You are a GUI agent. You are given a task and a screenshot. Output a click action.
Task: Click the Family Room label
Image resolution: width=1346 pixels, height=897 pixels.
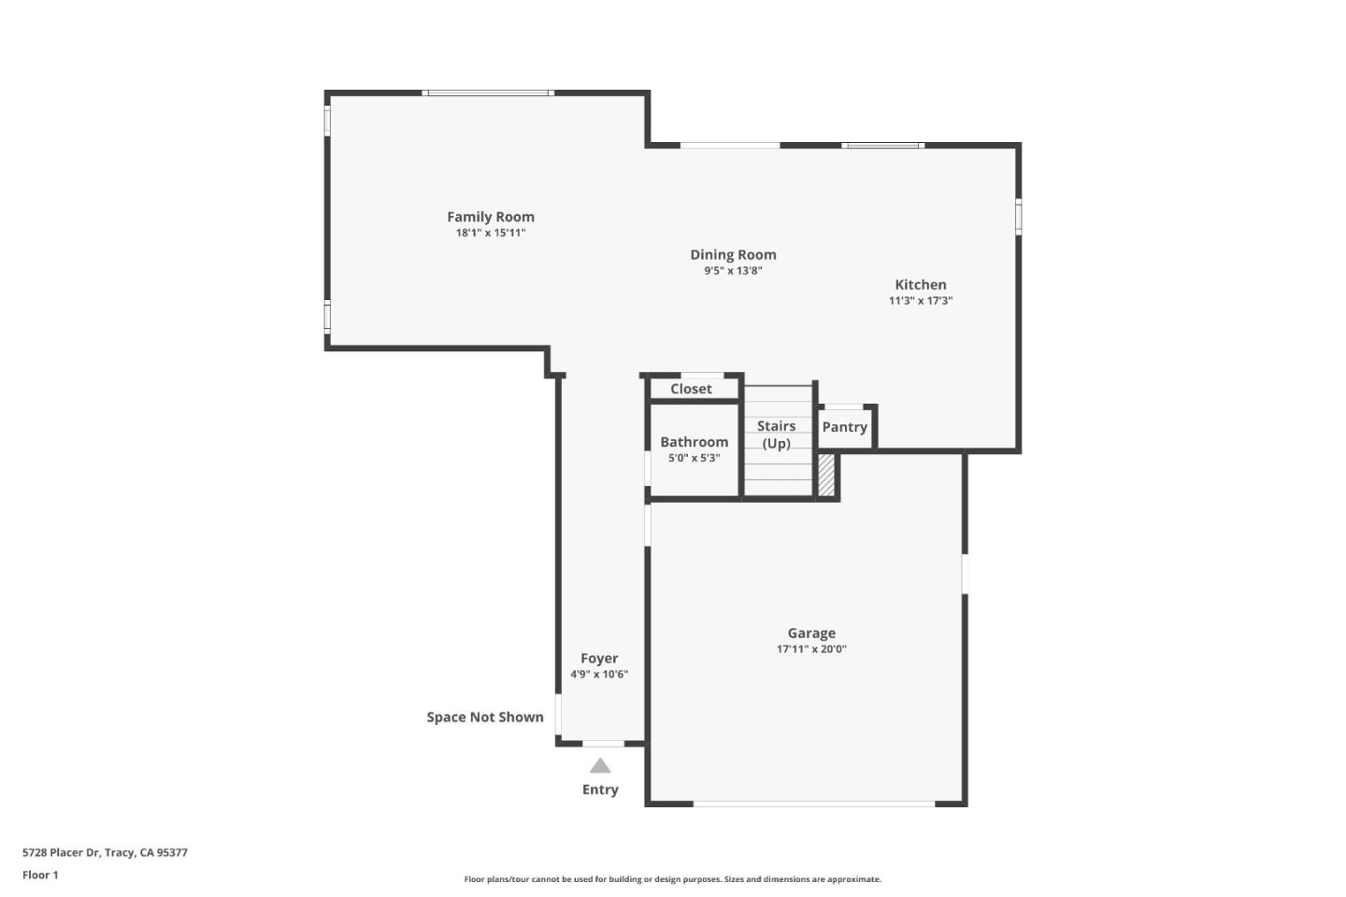490,217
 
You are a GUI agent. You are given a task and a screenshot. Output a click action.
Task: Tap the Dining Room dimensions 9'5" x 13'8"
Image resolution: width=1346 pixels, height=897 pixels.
733,271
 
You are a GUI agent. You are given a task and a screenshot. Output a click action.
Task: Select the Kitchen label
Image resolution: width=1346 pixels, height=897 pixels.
920,285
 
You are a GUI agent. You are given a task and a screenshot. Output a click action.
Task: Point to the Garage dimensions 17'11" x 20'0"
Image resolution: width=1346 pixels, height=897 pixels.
810,649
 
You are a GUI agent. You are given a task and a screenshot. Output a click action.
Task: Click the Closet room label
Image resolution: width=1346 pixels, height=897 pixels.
691,389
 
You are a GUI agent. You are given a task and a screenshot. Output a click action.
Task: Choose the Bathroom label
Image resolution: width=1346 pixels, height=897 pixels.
694,442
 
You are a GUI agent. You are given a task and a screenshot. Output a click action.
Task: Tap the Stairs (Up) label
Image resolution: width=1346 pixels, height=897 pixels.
776,434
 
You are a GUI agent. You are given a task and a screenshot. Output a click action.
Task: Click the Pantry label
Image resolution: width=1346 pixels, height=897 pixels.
844,427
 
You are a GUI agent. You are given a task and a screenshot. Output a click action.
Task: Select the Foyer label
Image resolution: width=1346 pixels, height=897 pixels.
599,658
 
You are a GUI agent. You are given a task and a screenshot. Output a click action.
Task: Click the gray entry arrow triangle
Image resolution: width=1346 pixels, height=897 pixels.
600,766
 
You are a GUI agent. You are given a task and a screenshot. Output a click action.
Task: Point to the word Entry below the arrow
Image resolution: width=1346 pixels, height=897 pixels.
600,790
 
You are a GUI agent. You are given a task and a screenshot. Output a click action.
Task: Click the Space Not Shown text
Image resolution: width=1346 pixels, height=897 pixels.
485,717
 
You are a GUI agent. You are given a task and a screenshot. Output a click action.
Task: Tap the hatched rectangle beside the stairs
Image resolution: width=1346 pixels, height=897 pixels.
826,475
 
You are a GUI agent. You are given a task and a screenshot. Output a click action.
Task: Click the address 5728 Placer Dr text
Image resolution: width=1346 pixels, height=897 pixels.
105,852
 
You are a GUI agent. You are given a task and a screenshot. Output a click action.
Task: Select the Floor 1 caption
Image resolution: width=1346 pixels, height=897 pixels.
40,875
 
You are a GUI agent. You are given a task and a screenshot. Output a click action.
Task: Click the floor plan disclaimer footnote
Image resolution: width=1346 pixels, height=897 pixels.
672,879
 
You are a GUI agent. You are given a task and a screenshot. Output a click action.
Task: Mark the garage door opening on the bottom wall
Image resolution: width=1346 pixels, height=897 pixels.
813,803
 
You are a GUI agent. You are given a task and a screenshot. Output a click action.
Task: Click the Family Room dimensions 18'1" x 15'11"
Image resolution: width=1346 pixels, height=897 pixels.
490,234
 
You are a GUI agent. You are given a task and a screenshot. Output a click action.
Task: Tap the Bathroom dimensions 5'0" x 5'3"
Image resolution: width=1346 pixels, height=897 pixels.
694,459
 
